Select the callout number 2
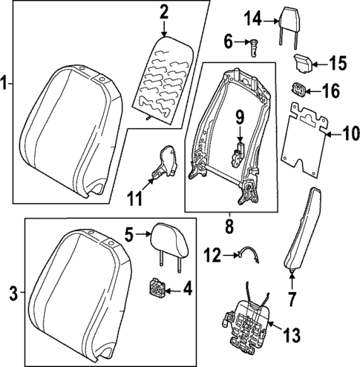click(x=163, y=12)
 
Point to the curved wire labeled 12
click(x=247, y=255)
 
